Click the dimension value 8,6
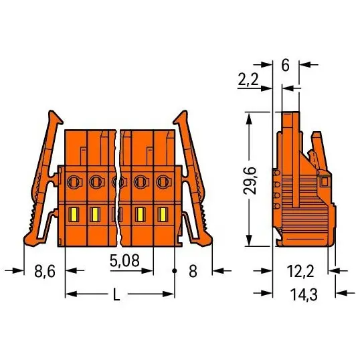pos(45,271)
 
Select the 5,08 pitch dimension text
pos(124,260)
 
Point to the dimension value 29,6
pos(250,181)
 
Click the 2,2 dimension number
pos(248,80)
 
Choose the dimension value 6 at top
pos(285,65)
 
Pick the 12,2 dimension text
pos(300,271)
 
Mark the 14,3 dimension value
pos(304,294)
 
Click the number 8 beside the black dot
pos(193,271)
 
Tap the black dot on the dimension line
pos(175,271)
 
